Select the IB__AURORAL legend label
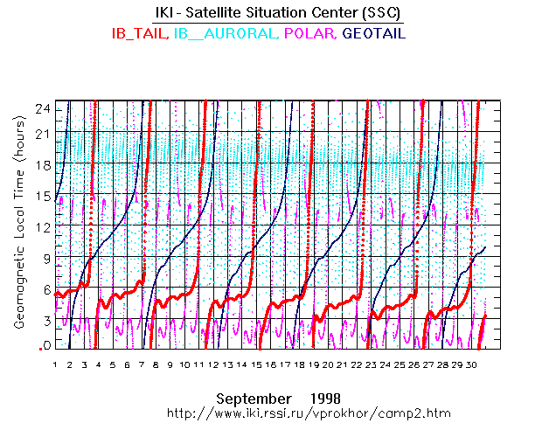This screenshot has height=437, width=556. coord(225,33)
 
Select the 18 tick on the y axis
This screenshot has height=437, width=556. coord(41,166)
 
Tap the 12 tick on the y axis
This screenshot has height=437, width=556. coord(41,227)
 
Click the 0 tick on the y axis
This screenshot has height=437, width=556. coord(44,346)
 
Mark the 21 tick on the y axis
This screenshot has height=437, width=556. coord(41,135)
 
